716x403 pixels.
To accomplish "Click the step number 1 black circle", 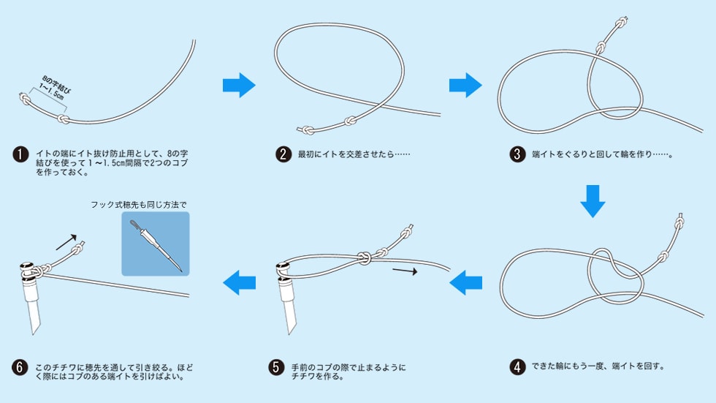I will point(20,155).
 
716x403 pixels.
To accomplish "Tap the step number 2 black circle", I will point(283,155).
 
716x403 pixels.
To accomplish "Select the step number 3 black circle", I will point(518,155).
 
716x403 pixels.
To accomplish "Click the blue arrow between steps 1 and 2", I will point(239,85).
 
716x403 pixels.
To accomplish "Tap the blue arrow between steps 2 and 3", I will point(465,85).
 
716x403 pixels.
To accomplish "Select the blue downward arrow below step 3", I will point(593,201).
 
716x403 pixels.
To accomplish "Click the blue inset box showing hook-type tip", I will point(155,244).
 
